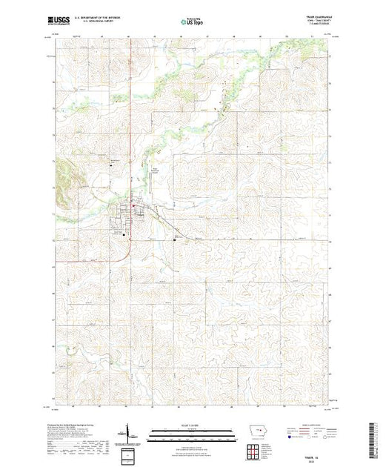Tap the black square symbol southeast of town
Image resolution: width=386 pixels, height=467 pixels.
coord(175,239)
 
